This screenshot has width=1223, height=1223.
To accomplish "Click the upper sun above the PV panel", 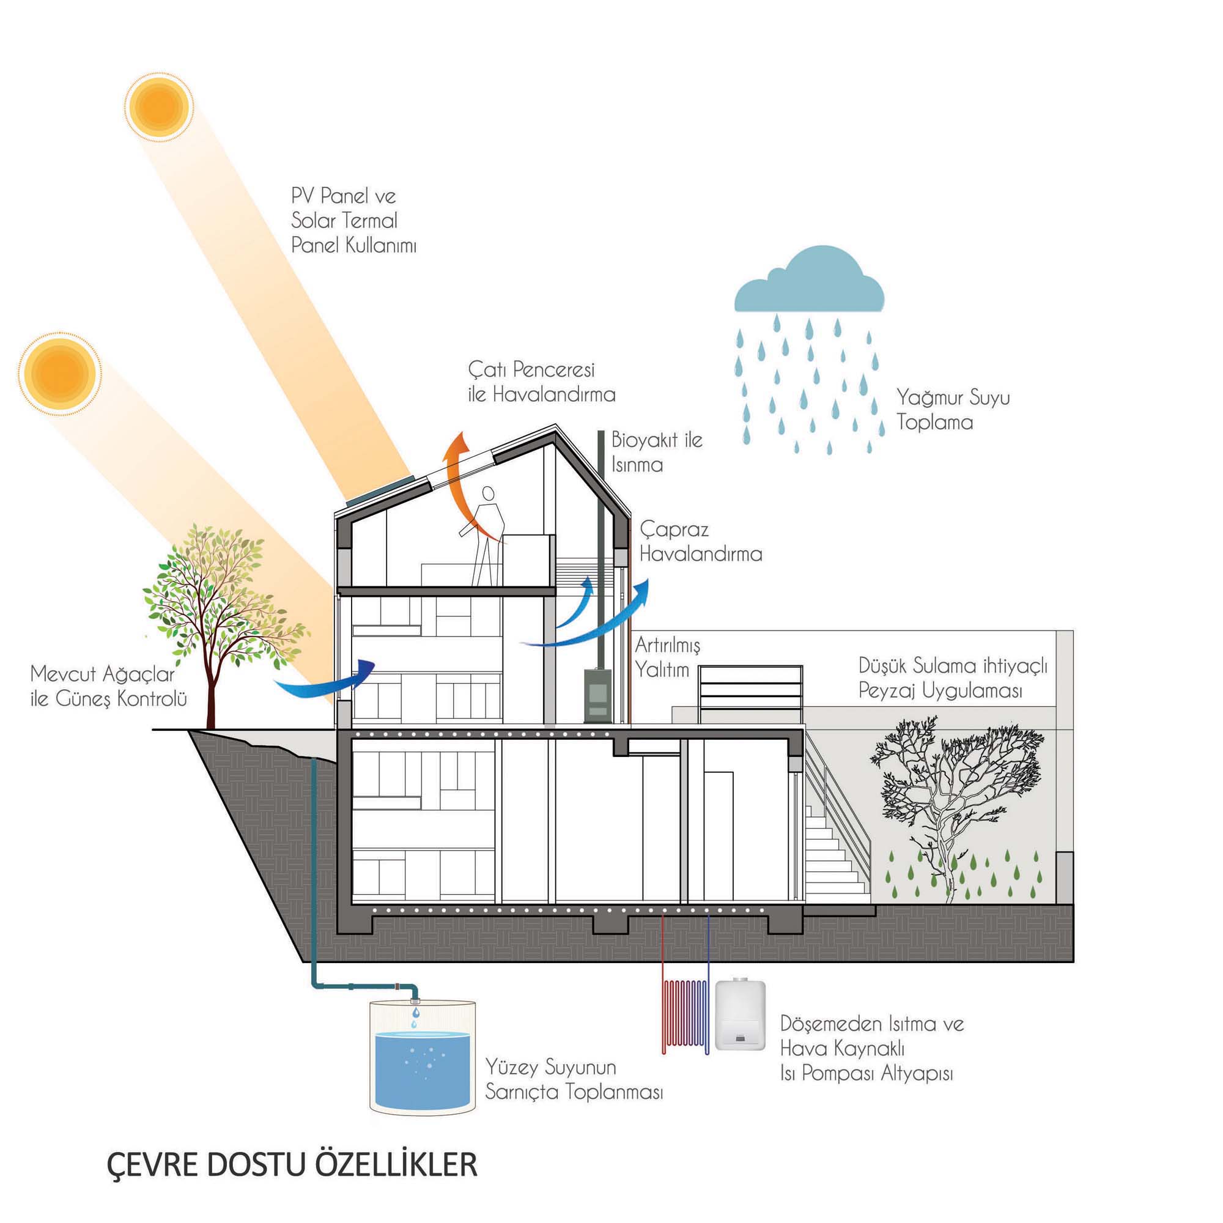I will [158, 105].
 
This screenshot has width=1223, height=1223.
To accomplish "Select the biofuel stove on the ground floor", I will [597, 695].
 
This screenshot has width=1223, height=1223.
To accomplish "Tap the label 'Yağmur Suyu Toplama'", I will [952, 410].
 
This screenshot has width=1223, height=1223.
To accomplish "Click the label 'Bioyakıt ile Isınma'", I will [656, 452].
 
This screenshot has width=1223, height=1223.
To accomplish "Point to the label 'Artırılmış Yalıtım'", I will [667, 657].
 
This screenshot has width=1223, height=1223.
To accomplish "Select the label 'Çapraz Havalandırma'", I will [700, 542].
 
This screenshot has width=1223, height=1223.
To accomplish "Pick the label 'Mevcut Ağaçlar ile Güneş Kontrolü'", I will [109, 687].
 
